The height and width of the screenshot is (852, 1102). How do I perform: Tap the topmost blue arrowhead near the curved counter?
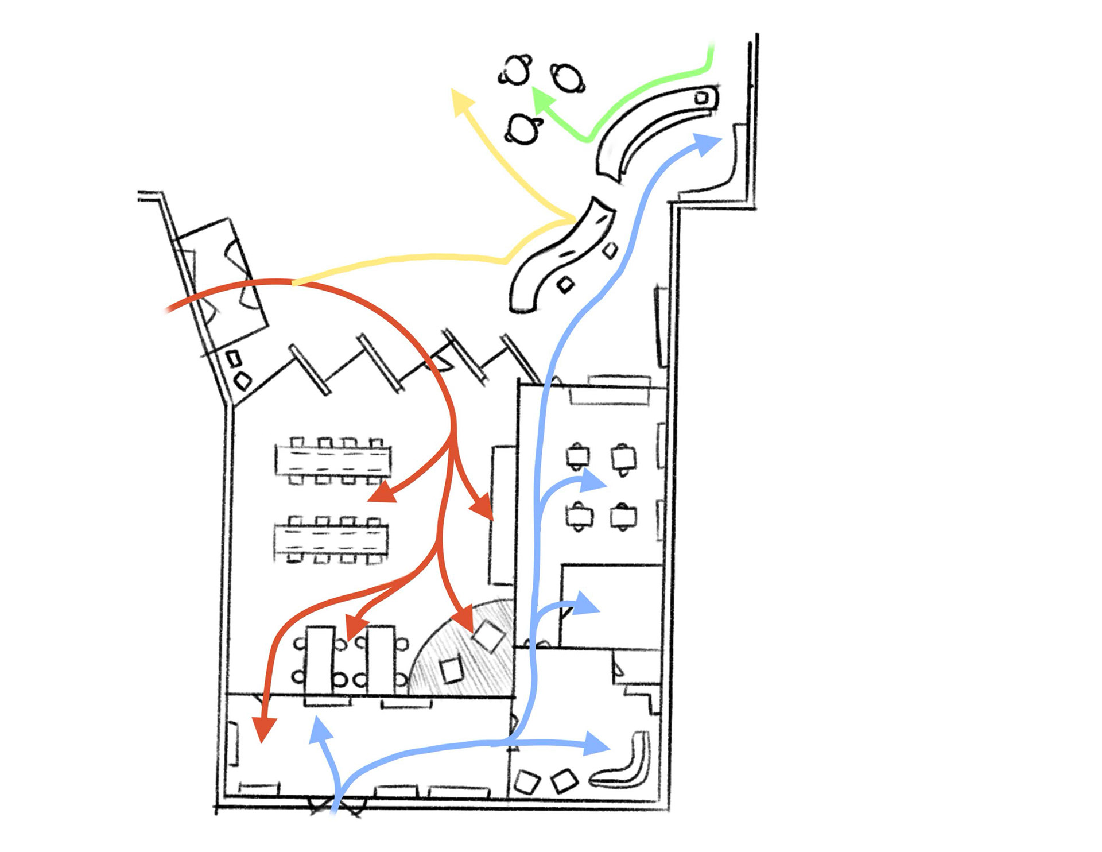(707, 143)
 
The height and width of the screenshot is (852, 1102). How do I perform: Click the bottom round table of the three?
(523, 129)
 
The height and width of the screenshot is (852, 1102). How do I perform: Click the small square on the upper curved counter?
(701, 98)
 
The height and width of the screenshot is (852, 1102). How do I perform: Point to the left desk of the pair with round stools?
(320, 660)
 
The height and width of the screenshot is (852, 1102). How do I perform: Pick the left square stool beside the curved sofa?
(526, 781)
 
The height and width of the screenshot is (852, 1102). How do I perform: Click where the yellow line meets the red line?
(293, 282)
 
